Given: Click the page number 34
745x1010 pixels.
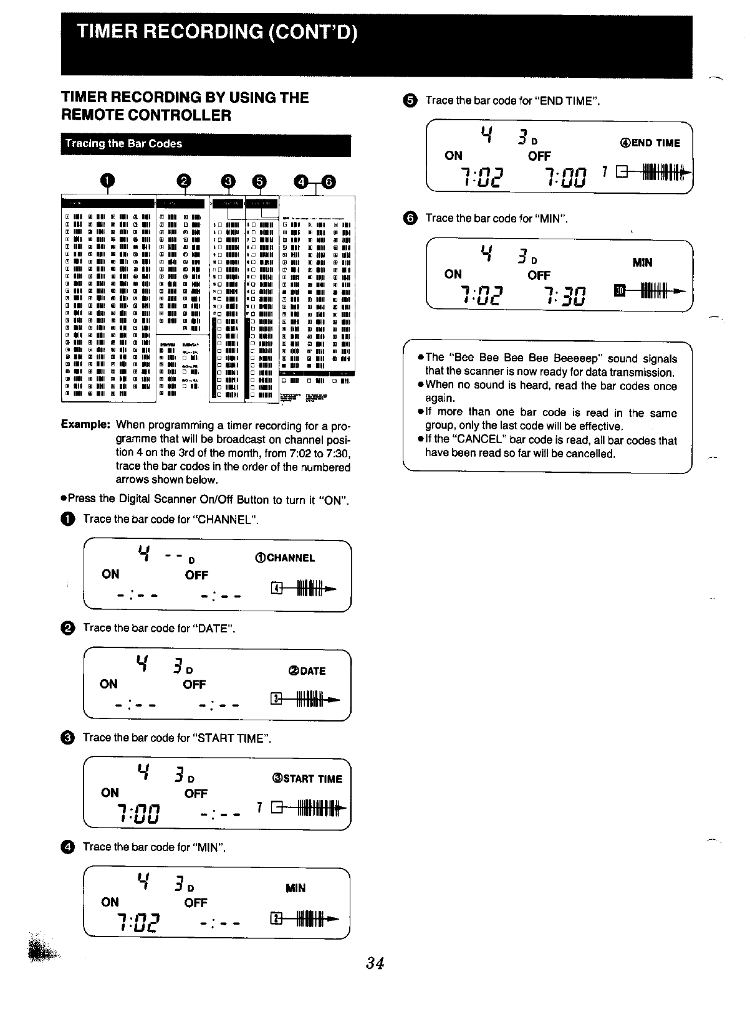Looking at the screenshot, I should [375, 963].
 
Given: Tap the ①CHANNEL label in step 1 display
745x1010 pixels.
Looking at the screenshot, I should [285, 558].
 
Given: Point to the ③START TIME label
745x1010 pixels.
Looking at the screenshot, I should [307, 779].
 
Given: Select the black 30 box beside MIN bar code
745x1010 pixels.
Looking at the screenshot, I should [619, 290].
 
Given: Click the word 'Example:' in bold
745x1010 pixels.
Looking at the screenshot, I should [85, 425].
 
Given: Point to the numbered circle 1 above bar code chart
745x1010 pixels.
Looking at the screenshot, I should [108, 181].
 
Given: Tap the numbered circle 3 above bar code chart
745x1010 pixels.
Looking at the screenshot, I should [229, 181].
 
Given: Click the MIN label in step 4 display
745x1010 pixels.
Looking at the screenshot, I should [296, 888].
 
